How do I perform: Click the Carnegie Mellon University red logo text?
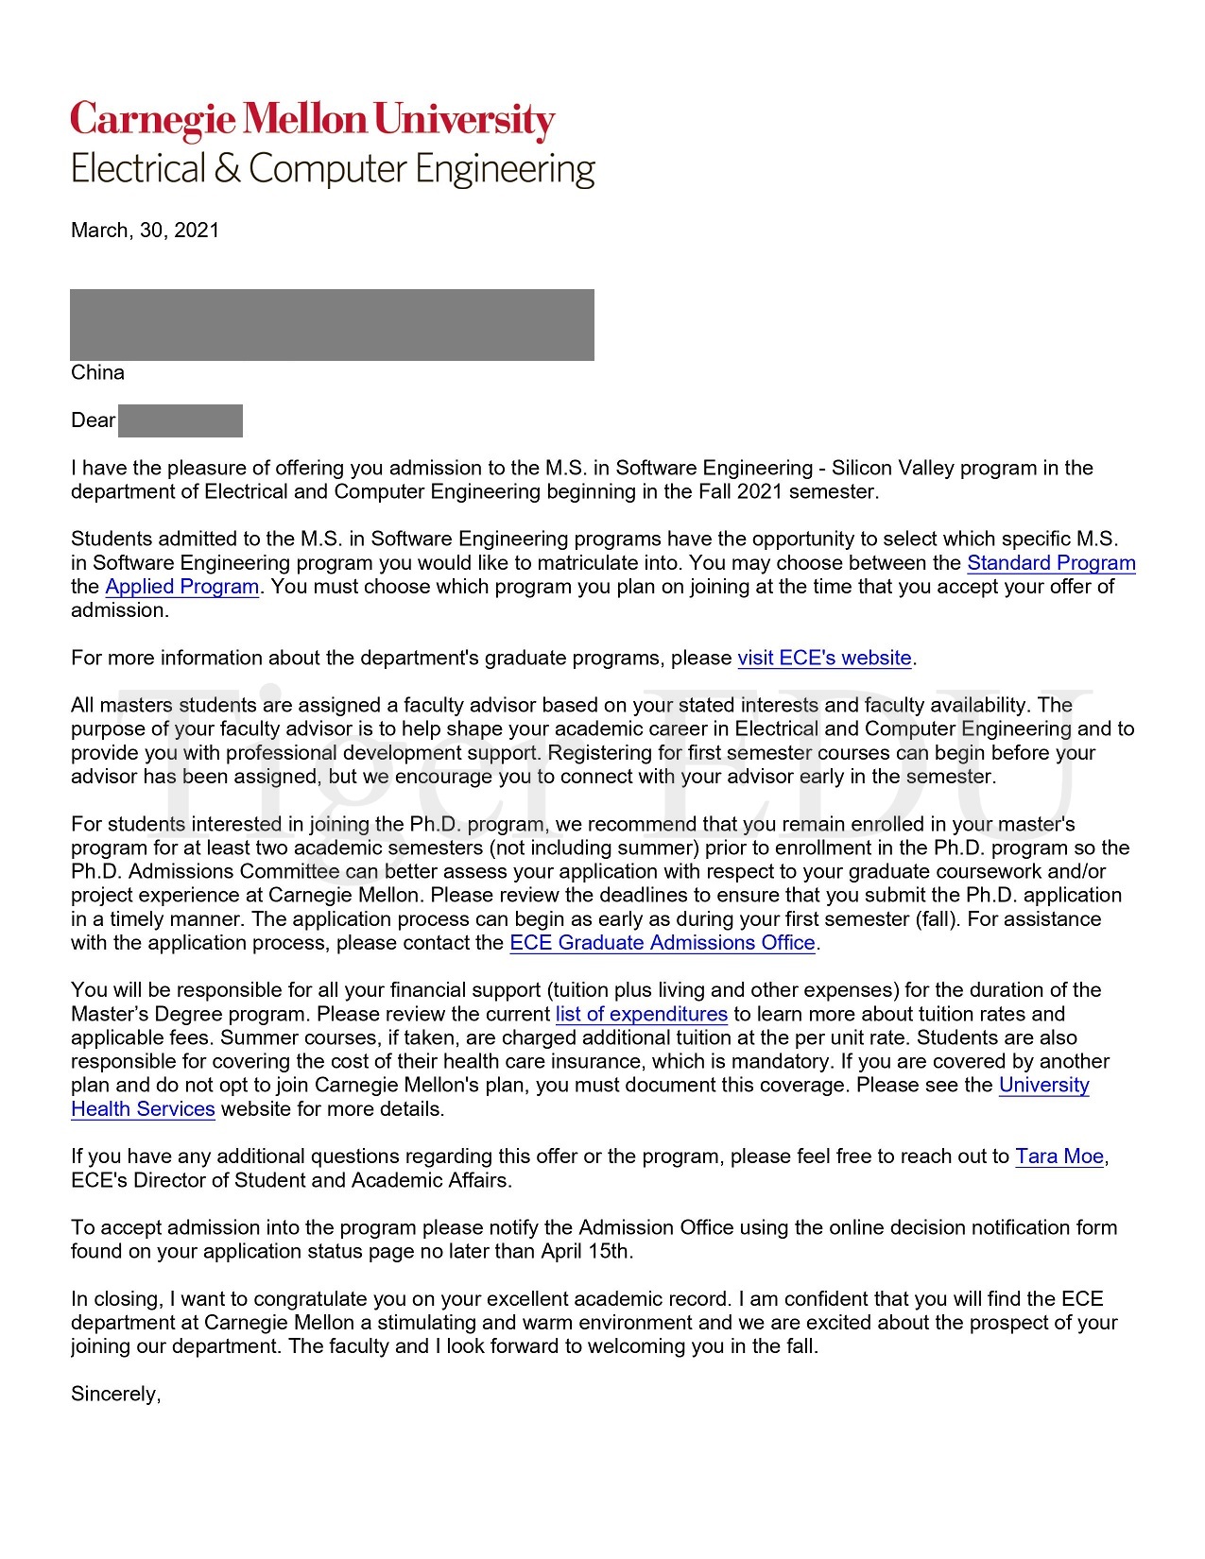[312, 121]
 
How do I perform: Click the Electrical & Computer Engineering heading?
[333, 169]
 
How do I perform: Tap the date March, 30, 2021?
[145, 231]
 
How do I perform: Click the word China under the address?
[97, 372]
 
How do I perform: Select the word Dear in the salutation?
[93, 420]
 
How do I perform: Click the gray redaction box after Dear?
[180, 420]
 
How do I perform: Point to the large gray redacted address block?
[332, 324]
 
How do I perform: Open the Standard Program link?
[1051, 563]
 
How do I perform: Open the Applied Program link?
[181, 587]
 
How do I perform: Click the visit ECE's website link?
[824, 658]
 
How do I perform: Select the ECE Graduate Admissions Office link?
[662, 943]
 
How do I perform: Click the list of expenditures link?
[641, 1015]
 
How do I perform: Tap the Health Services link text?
[143, 1109]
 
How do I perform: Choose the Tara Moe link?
[1059, 1156]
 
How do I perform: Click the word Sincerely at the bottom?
[115, 1394]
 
